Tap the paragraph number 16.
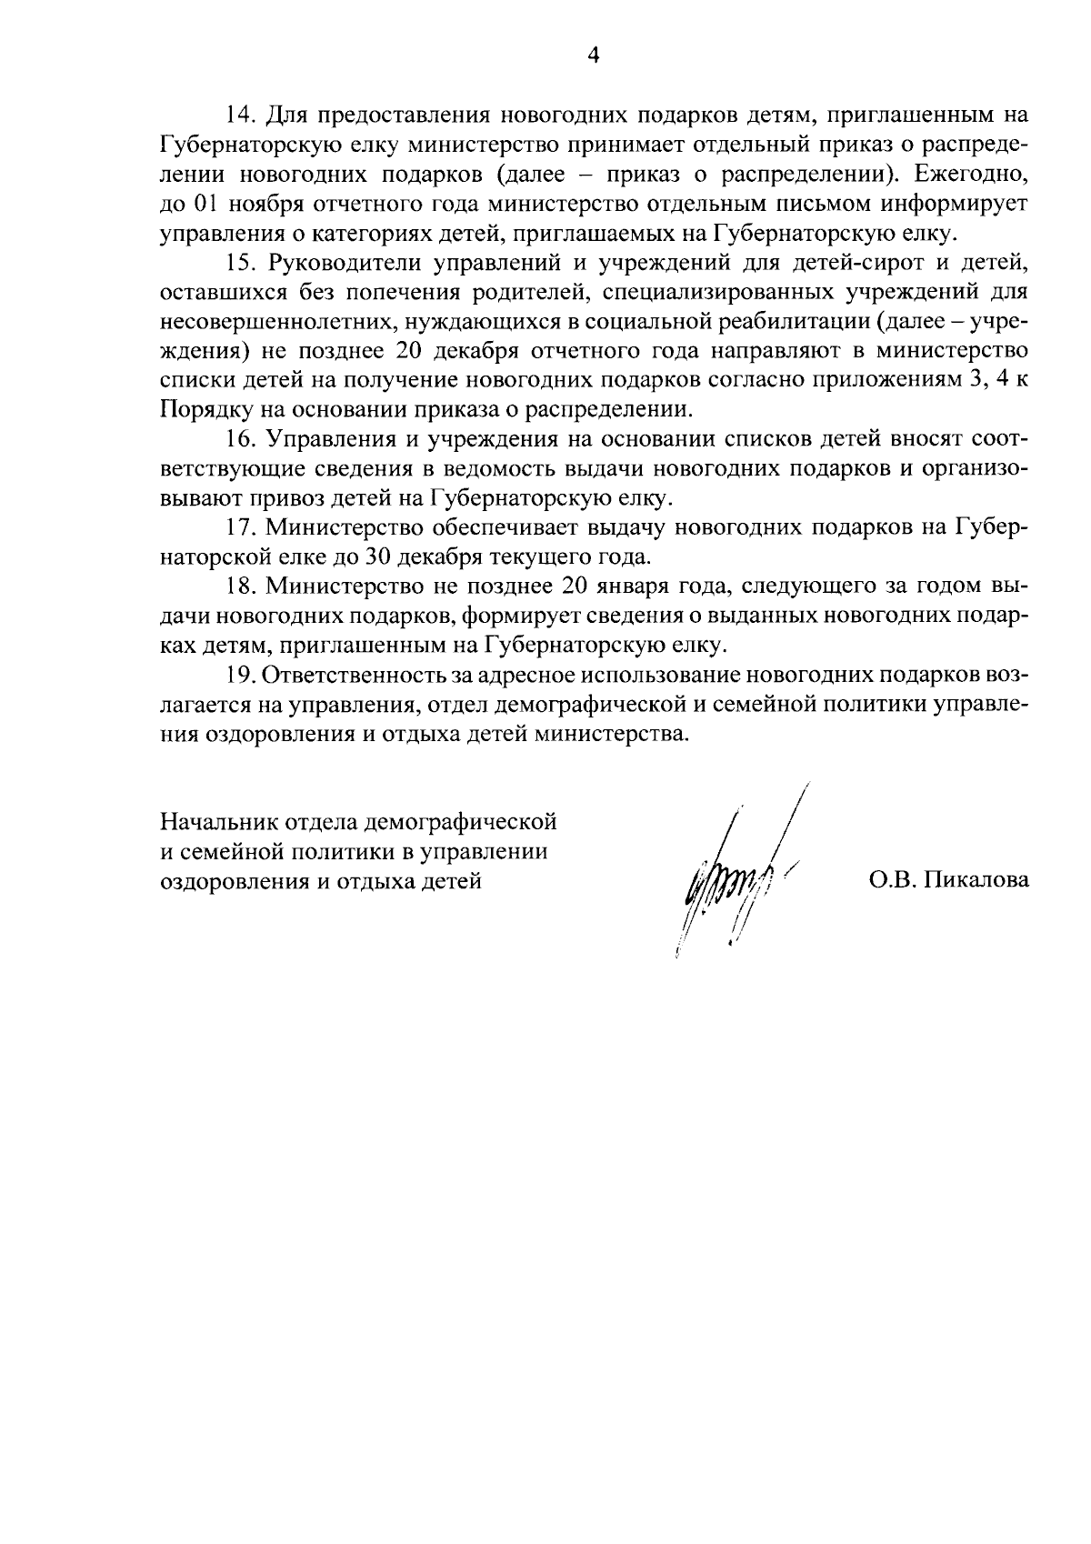click(x=238, y=440)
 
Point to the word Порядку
click(x=201, y=411)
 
